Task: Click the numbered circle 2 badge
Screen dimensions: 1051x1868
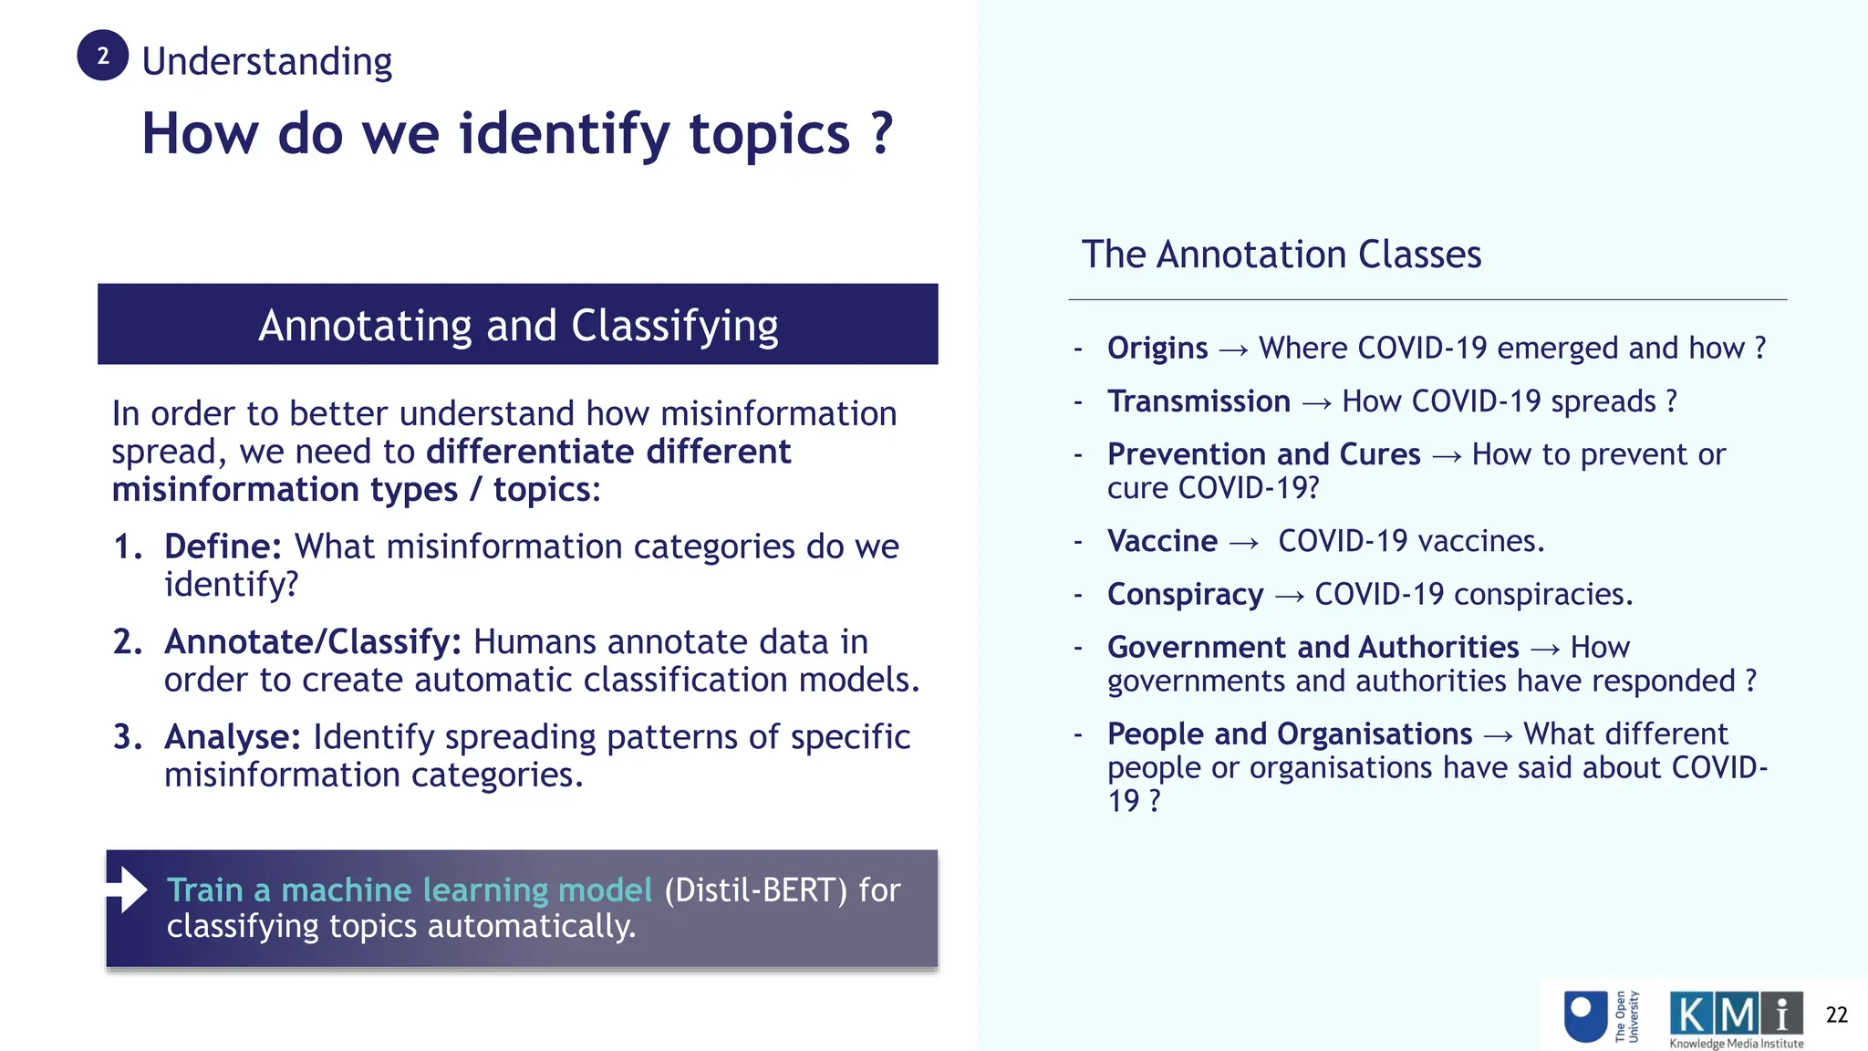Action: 102,56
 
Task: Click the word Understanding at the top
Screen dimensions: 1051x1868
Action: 266,62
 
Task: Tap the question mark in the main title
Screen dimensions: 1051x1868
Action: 881,133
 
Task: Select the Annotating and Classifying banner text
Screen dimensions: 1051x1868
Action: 518,326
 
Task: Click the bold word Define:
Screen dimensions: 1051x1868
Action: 223,546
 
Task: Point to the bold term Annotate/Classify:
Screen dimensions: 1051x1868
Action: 313,642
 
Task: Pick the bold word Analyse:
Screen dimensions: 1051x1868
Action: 233,737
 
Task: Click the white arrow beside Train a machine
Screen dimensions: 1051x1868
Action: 128,890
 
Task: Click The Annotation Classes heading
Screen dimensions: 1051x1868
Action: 1281,255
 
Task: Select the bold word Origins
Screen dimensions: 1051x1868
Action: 1157,349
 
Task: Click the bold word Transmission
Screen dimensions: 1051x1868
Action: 1199,401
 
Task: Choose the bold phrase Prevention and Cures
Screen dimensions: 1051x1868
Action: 1263,454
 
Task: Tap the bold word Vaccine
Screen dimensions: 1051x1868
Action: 1162,541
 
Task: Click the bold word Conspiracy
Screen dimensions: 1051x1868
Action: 1185,594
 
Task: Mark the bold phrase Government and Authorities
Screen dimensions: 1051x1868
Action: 1313,647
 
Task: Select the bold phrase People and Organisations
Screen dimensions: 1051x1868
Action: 1290,734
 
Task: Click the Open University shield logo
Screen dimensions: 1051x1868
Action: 1585,1016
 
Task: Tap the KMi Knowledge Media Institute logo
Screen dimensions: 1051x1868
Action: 1736,1019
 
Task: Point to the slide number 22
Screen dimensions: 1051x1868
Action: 1836,1015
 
